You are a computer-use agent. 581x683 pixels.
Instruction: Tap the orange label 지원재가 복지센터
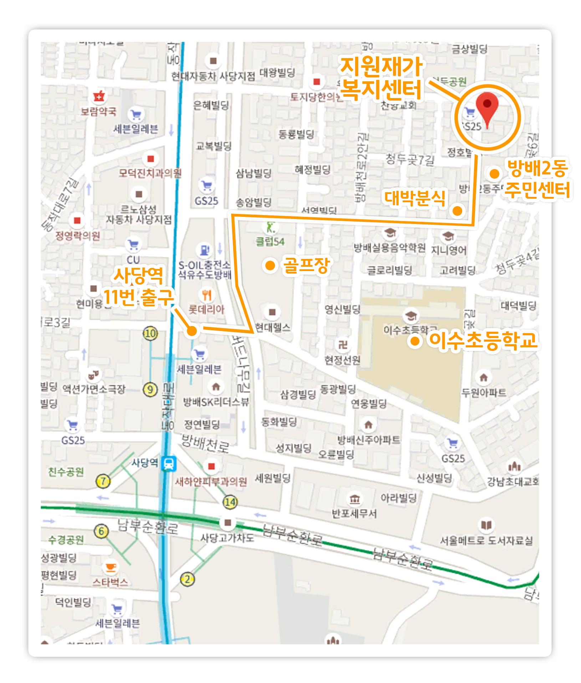point(381,79)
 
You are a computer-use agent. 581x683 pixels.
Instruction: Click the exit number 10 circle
point(150,333)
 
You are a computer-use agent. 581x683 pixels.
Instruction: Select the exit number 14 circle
point(230,503)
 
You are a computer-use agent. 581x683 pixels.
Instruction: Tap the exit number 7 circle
point(103,481)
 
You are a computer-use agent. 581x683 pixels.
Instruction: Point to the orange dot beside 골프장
point(270,265)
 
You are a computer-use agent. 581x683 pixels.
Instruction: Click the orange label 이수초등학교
point(483,341)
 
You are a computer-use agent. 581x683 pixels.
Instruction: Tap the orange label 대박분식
point(415,199)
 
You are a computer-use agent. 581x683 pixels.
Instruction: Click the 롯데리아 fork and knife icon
point(207,295)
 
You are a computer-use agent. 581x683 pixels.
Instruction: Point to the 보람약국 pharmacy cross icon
point(98,96)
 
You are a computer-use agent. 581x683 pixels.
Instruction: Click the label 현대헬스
point(273,328)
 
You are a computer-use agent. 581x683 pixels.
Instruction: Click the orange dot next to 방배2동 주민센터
point(494,174)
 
